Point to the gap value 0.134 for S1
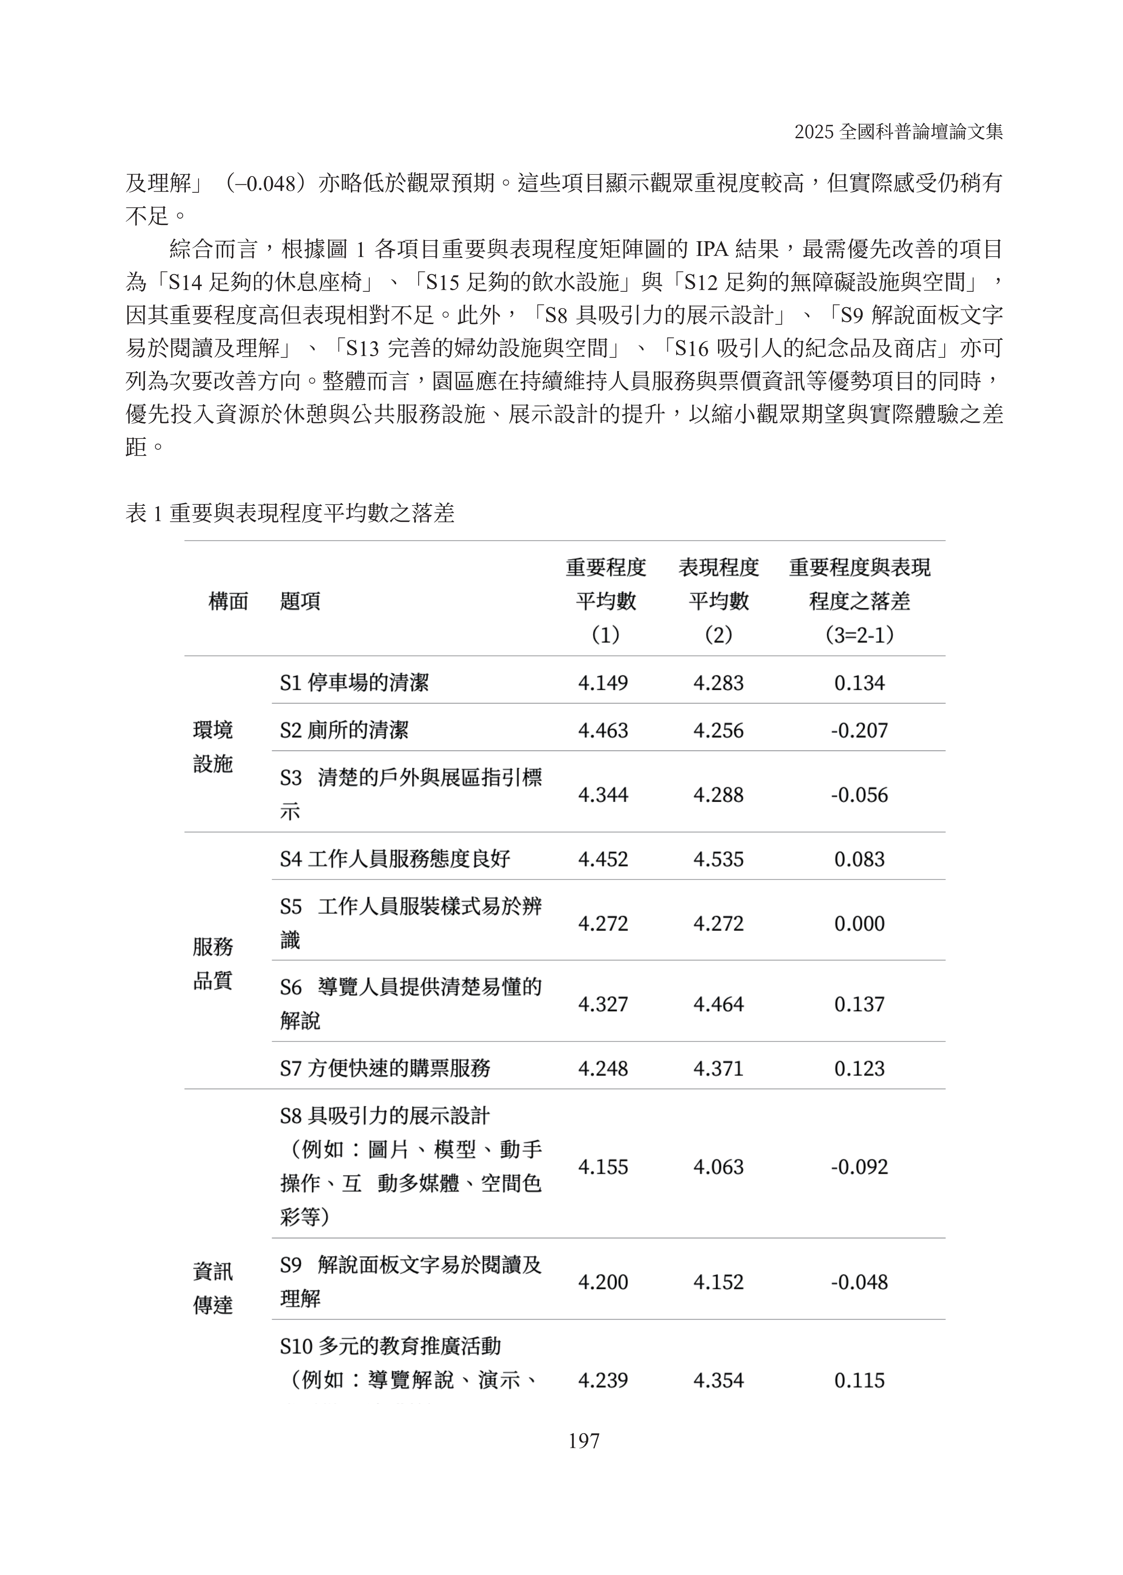859,683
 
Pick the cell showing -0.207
859,730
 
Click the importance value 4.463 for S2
603,730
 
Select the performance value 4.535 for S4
718,859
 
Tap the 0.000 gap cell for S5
859,923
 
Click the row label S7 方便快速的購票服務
385,1068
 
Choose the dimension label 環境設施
213,747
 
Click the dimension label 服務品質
213,963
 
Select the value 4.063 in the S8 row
718,1167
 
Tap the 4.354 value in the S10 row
718,1381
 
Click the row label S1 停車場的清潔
354,683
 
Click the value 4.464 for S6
718,1004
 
